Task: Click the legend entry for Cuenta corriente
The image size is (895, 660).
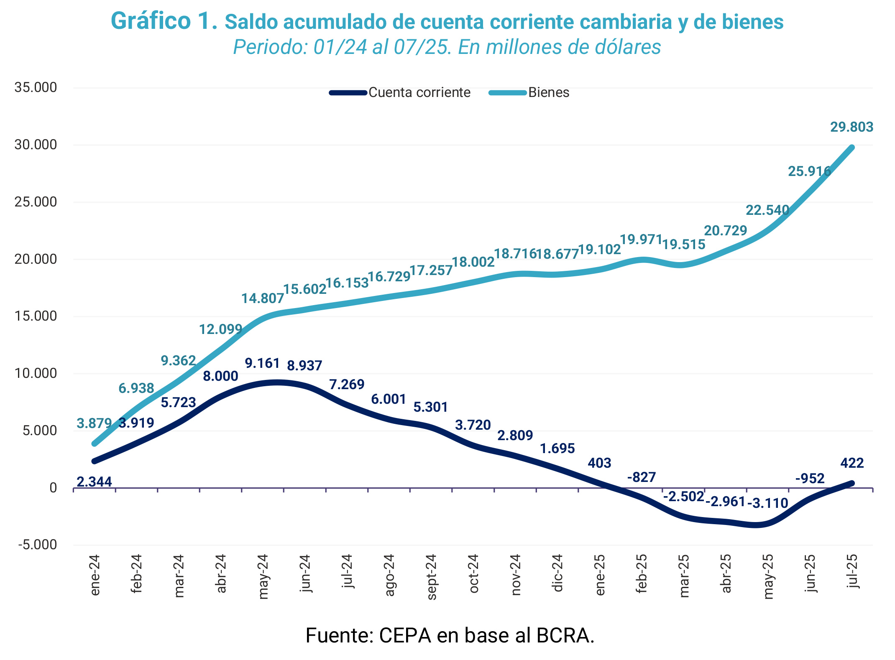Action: pos(419,92)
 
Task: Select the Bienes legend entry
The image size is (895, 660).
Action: pos(548,92)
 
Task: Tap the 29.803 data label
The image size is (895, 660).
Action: pos(852,127)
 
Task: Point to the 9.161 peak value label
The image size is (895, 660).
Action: pos(262,363)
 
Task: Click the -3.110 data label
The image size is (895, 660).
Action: pos(767,503)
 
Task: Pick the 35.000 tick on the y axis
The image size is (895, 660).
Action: pos(36,87)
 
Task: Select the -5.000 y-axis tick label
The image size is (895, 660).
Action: pos(37,545)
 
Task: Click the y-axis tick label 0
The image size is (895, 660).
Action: pos(53,487)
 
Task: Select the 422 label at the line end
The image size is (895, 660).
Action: pos(852,463)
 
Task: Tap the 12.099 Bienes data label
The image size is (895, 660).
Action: pos(220,329)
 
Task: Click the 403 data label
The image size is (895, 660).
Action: pos(599,463)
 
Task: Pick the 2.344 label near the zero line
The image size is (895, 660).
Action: pos(95,482)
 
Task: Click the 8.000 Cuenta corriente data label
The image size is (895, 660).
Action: pos(220,376)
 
